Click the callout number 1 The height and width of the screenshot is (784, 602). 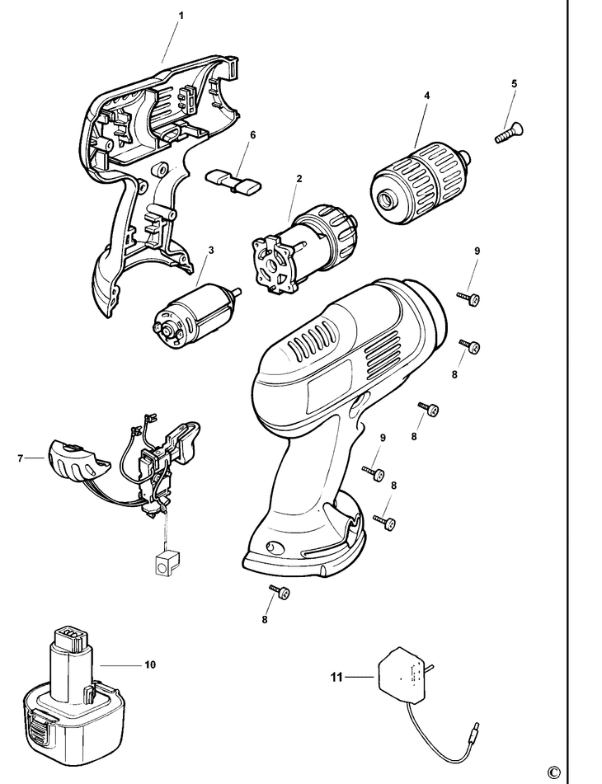pyautogui.click(x=181, y=16)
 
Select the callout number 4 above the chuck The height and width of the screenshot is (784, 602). pyautogui.click(x=426, y=96)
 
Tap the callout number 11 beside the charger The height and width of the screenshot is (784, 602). pyautogui.click(x=336, y=678)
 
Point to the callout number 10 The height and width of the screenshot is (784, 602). pyautogui.click(x=148, y=664)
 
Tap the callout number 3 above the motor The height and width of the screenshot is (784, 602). pyautogui.click(x=210, y=250)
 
